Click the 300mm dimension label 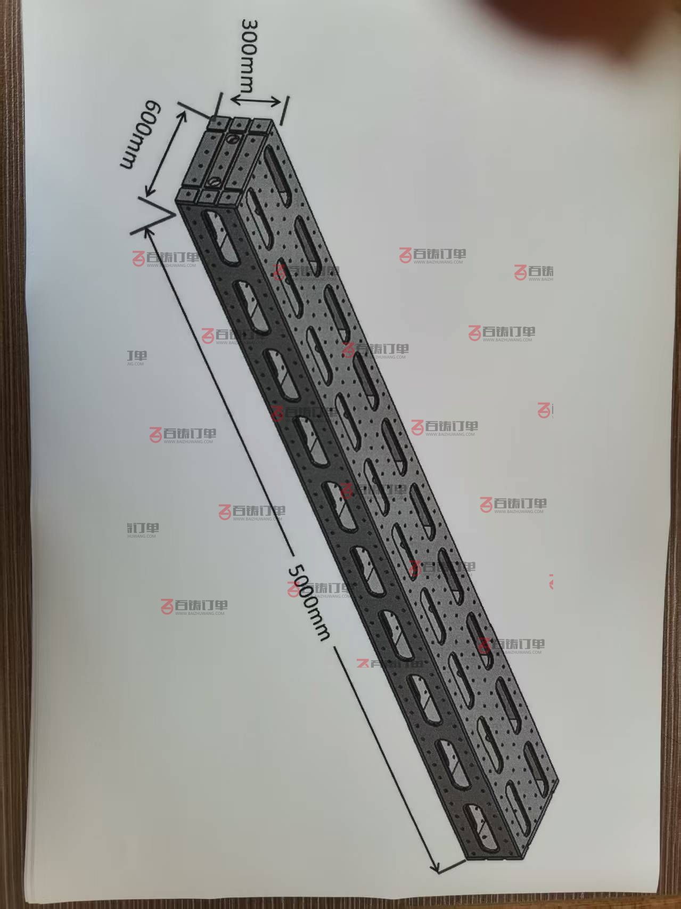(x=250, y=55)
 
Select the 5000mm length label (x=308, y=602)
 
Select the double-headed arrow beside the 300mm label (x=257, y=99)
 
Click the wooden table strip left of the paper (x=12, y=453)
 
